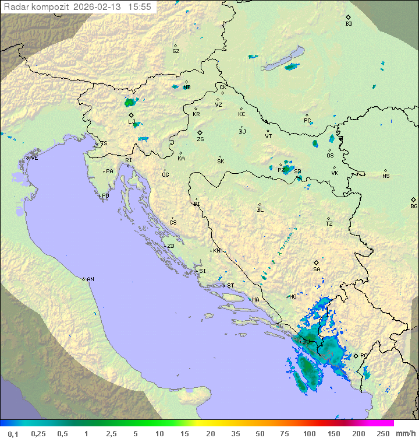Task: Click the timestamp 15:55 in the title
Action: point(140,7)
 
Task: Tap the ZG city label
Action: point(200,140)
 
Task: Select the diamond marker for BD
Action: point(348,17)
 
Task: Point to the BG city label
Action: point(414,206)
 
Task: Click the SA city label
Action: point(317,269)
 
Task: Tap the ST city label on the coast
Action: point(230,286)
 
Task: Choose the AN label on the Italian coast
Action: point(90,279)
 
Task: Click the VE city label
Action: point(34,158)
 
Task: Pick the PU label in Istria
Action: point(105,196)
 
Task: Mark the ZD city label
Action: point(171,246)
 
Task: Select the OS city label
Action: point(330,156)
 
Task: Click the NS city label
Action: point(386,176)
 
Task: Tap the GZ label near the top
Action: point(176,51)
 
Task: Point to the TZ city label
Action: point(329,224)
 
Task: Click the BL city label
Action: point(260,210)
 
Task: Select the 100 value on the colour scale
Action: point(309,433)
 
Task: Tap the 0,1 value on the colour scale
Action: point(13,433)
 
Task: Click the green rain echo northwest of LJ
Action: point(129,103)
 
